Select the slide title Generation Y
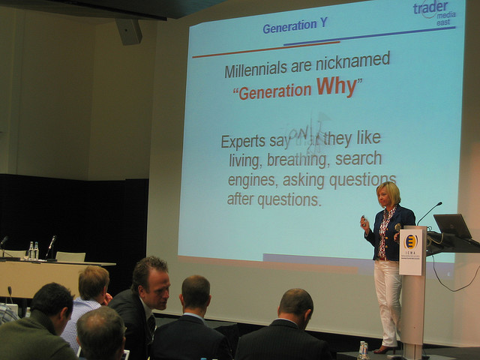(x=295, y=25)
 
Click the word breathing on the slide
(x=298, y=160)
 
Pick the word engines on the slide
(x=251, y=181)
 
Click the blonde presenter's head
(x=388, y=193)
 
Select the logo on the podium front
(x=412, y=242)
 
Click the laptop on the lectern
(x=453, y=226)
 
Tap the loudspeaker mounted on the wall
(x=129, y=31)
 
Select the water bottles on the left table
(x=33, y=250)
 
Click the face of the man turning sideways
(x=159, y=289)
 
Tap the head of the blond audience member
(x=94, y=283)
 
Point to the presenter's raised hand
(x=364, y=223)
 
